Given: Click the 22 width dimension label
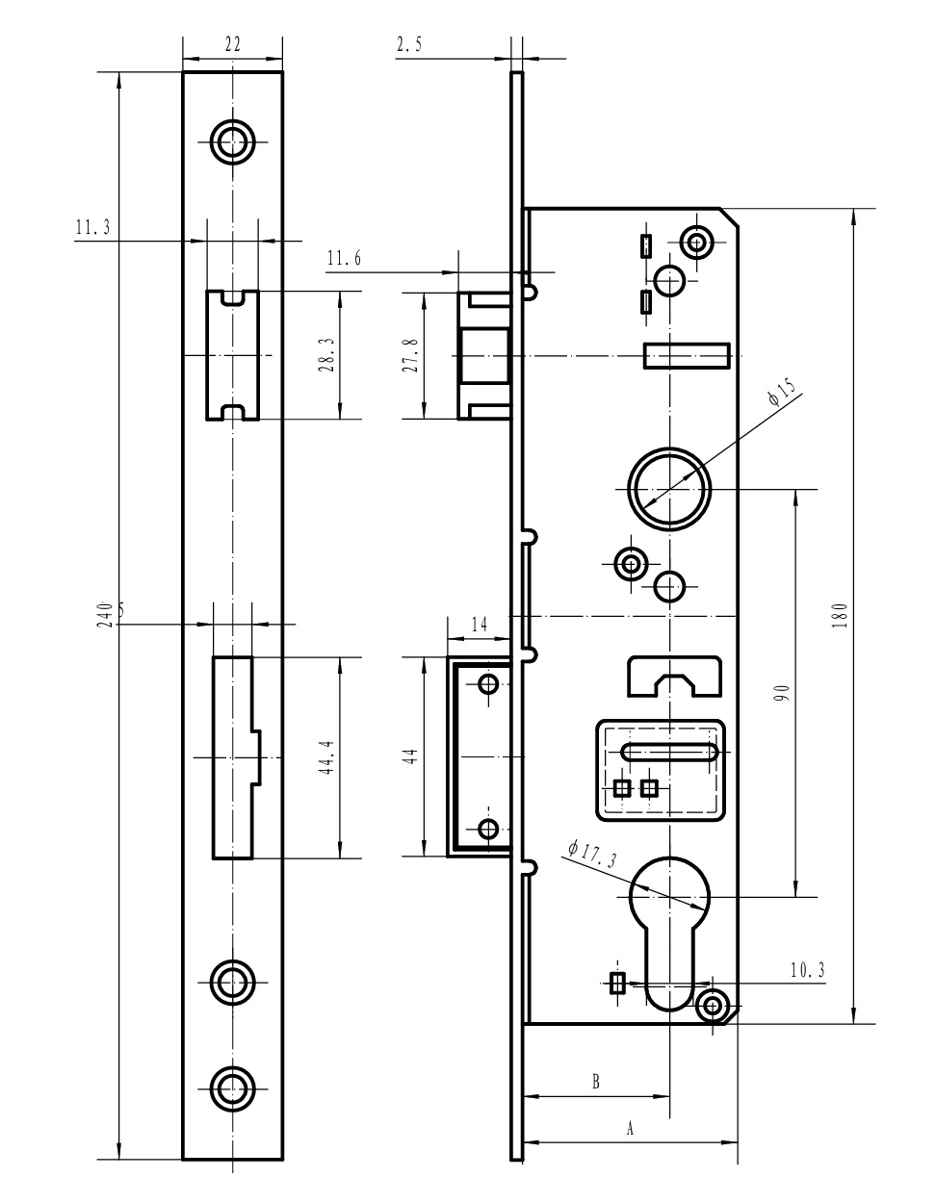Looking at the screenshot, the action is click(233, 44).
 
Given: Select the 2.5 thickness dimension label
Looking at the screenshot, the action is click(409, 44).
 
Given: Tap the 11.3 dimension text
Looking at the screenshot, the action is click(92, 227).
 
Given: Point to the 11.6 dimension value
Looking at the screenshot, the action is click(344, 258).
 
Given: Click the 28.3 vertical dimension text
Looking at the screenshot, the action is click(326, 354).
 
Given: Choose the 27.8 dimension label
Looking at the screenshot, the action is click(413, 355).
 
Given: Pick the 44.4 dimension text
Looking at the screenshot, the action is click(326, 756).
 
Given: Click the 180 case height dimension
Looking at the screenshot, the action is click(840, 615).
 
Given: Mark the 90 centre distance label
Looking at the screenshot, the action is click(782, 693).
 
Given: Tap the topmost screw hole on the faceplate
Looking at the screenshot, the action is click(233, 141).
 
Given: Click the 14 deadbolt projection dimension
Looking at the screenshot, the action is click(480, 625).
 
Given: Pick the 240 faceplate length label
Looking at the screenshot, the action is click(105, 615).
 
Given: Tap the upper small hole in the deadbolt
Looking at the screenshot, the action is click(488, 685).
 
